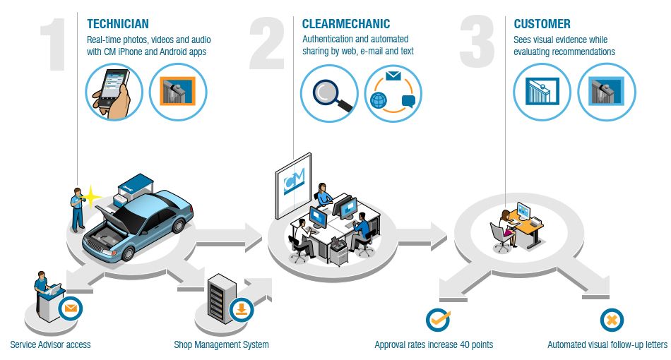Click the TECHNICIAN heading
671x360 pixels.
pos(118,24)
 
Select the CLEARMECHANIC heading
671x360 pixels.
pos(346,24)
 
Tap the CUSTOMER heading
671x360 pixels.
pos(542,24)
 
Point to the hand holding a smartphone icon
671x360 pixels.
pos(114,92)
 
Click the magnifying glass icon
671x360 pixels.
pos(328,94)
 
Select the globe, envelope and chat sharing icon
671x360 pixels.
pos(393,94)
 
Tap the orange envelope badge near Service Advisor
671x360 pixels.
pos(71,308)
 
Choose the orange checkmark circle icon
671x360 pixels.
pos(438,319)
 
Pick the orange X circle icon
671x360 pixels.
pos(612,320)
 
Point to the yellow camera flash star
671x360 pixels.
pos(93,195)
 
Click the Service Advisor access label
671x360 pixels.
pos(50,345)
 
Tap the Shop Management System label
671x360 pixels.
pos(221,345)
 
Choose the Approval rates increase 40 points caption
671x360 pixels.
pos(434,345)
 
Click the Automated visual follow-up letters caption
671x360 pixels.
pos(607,345)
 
